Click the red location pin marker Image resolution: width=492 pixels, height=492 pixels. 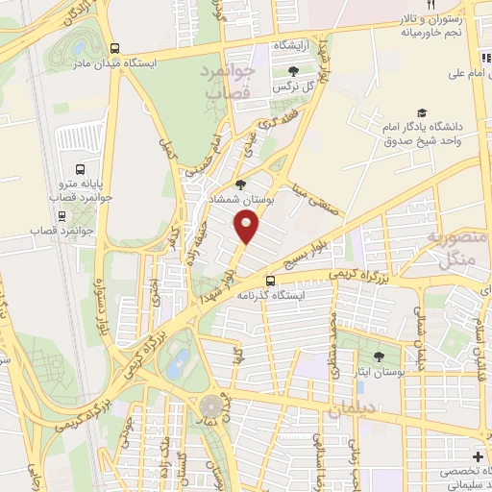(247, 227)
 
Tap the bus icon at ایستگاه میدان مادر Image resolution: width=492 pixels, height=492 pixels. (115, 48)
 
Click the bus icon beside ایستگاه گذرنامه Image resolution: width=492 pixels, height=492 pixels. (271, 282)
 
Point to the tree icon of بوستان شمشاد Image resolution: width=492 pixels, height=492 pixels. (240, 184)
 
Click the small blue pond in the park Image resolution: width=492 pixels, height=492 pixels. (178, 363)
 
